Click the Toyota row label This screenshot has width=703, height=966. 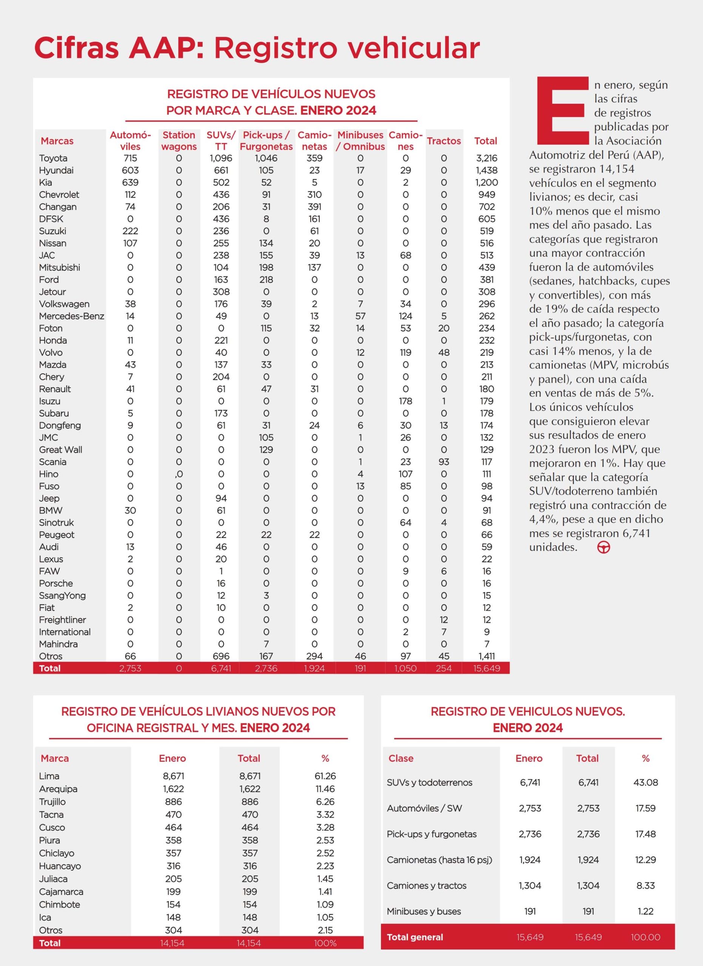(x=53, y=158)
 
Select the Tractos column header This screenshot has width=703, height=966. (x=444, y=141)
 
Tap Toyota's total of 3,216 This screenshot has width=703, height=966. (x=486, y=158)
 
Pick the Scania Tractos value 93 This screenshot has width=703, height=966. (x=444, y=462)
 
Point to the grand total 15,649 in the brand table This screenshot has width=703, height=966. (x=486, y=668)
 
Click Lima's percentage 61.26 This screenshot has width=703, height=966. (x=325, y=776)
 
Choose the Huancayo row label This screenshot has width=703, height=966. (x=60, y=866)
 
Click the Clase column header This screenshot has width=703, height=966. (x=401, y=758)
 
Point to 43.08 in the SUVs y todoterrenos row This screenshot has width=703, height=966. (x=646, y=783)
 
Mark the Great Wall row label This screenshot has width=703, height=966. (x=60, y=450)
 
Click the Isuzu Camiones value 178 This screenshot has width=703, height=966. (x=405, y=401)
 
